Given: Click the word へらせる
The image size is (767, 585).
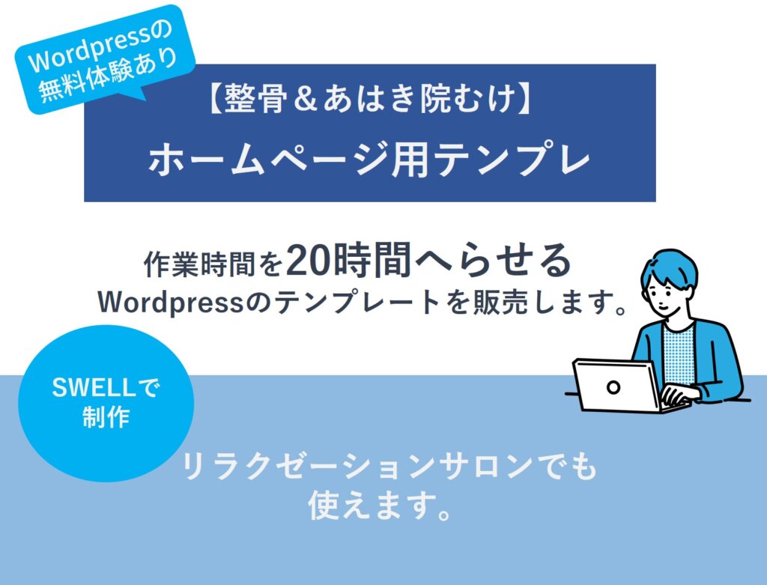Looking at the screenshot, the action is click(x=493, y=261).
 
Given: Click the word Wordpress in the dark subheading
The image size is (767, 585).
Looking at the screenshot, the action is click(x=171, y=303).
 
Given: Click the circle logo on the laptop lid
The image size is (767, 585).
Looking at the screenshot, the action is click(x=613, y=387).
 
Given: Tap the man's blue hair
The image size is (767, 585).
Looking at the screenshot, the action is click(x=670, y=269).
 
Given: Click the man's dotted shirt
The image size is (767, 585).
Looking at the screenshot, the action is click(x=679, y=353).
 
